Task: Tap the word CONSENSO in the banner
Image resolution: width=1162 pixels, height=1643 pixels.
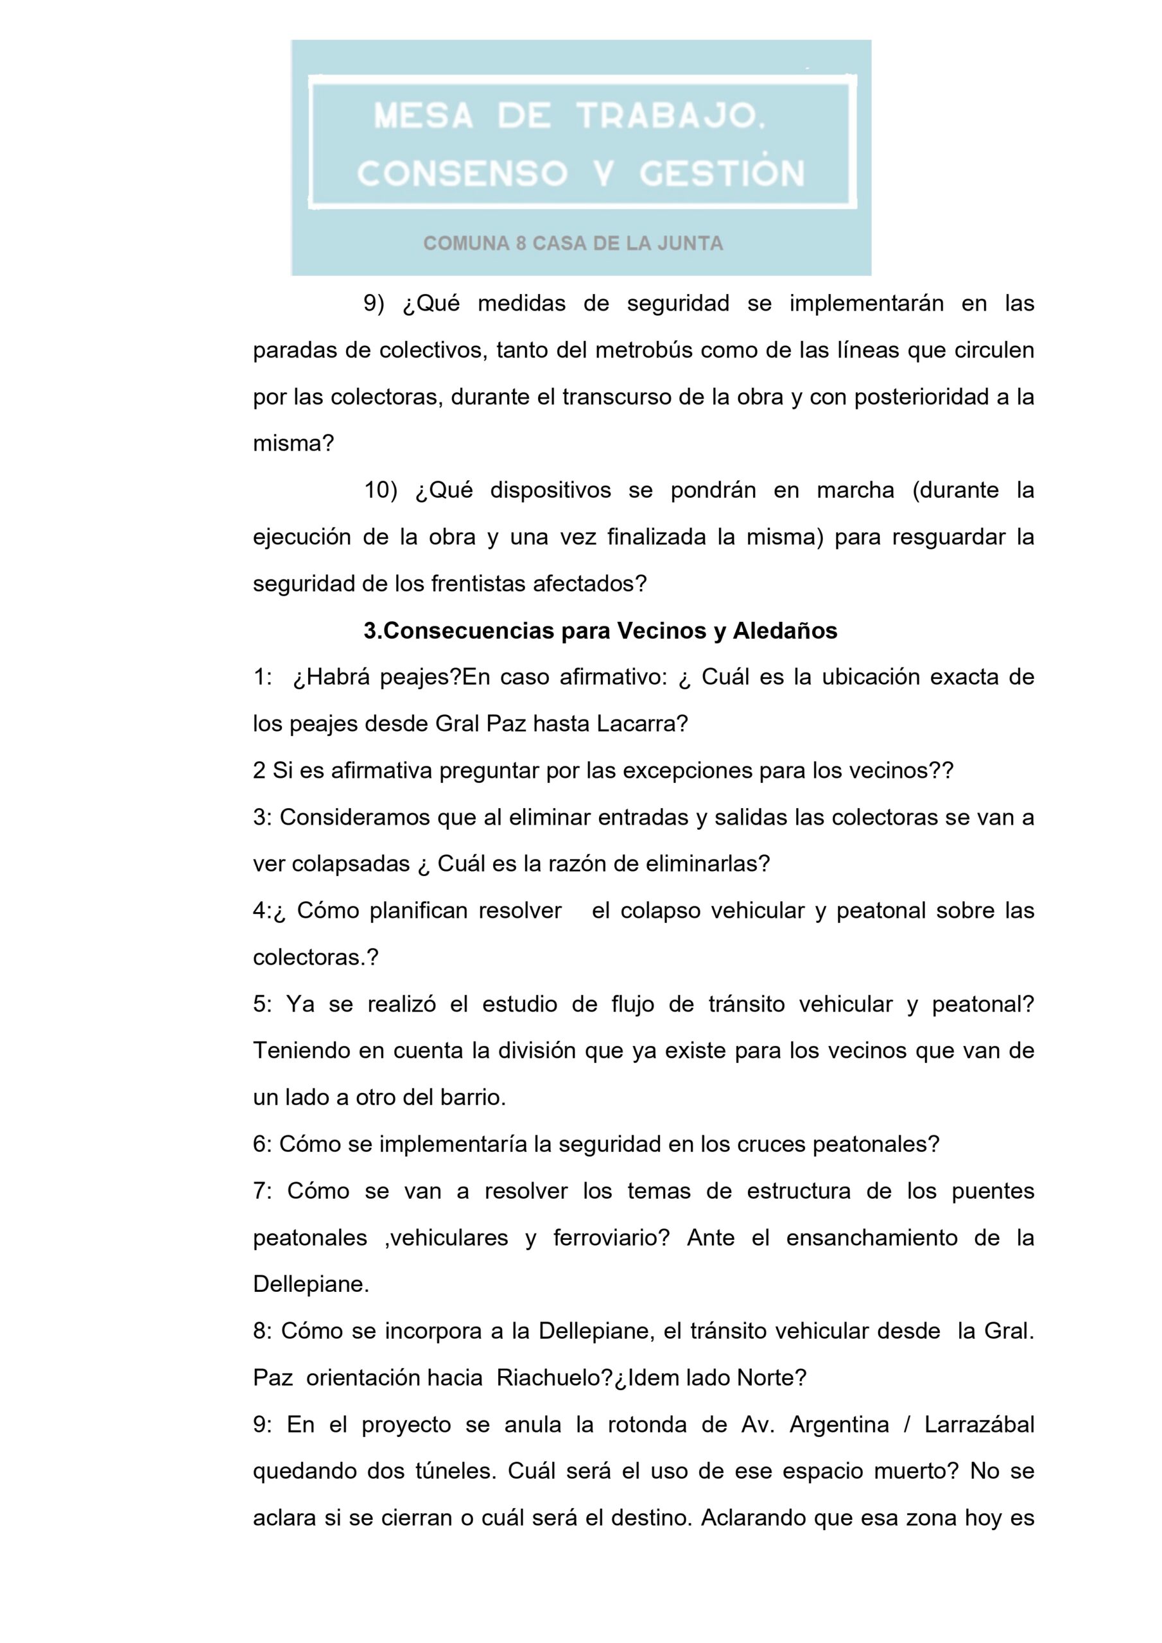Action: [462, 173]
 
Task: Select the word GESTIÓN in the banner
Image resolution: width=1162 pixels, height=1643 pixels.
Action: [722, 173]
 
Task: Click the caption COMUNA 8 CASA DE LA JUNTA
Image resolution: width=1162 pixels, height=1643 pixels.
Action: [573, 243]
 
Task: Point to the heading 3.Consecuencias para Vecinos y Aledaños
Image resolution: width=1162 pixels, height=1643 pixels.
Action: [600, 630]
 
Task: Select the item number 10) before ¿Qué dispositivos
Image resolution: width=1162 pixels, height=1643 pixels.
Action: [380, 490]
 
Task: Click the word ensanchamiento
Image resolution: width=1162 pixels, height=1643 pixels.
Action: [871, 1238]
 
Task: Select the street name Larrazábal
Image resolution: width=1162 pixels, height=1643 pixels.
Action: [979, 1425]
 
